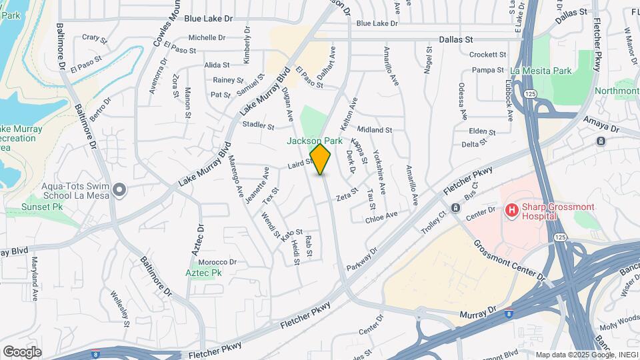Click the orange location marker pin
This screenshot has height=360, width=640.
(x=321, y=159)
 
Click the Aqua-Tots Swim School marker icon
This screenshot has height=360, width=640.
(x=119, y=191)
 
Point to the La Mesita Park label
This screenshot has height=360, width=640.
(x=541, y=71)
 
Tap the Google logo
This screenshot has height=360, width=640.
(x=22, y=351)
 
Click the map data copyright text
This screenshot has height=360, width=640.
(x=587, y=355)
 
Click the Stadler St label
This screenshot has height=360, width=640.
(x=259, y=125)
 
